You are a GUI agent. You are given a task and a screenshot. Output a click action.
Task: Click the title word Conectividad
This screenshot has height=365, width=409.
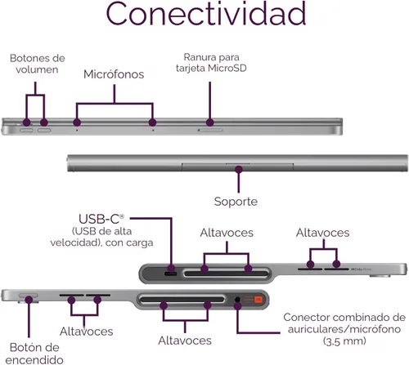coord(206,14)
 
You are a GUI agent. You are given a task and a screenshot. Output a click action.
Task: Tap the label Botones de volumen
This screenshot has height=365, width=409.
coord(38,64)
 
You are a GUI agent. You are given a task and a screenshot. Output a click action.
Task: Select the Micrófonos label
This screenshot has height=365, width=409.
coord(114,74)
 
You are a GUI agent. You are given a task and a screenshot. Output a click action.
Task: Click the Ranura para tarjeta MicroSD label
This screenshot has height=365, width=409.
coord(211,63)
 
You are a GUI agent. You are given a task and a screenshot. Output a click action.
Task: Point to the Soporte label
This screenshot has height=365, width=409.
coord(236,202)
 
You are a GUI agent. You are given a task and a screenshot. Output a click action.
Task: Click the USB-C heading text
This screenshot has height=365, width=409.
coord(101,219)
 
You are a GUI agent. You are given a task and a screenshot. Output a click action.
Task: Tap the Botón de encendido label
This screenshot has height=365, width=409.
coord(34,354)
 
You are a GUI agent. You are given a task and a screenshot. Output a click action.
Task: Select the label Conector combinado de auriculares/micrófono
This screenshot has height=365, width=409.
coord(344,323)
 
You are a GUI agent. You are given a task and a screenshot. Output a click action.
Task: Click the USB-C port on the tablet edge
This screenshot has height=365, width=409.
coord(170,274)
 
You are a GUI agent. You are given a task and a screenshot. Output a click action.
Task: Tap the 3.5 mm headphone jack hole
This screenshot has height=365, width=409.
coord(237,300)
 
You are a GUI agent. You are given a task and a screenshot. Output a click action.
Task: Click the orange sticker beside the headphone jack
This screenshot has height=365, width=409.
coord(258,300)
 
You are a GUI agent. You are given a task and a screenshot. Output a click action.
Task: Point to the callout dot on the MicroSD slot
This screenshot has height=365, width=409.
coord(209,122)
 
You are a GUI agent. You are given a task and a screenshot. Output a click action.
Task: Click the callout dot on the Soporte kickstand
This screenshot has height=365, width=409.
coord(239,170)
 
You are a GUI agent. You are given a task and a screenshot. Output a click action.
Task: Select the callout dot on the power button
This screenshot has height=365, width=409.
coord(29,300)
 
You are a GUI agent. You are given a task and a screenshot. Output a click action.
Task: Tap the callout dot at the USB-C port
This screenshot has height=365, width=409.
coord(171,268)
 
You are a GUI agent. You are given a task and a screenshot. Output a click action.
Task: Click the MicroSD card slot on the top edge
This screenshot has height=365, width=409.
coord(210,131)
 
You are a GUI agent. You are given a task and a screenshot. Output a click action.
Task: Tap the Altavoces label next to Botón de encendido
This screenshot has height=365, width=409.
coord(86,332)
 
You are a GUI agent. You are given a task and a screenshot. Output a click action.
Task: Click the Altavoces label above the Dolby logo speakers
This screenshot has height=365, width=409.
coord(322,233)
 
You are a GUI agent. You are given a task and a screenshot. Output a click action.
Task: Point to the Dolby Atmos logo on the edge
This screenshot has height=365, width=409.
coord(361,269)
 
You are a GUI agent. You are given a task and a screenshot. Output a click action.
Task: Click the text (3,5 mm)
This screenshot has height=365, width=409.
coord(344,341)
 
